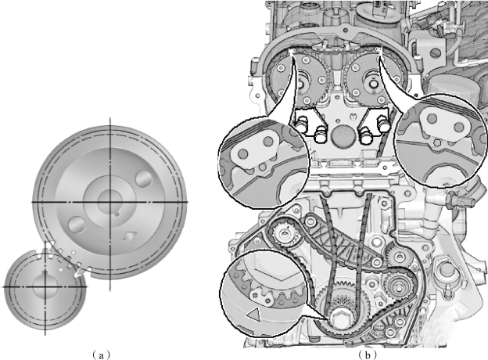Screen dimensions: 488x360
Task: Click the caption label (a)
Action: (x=101, y=355)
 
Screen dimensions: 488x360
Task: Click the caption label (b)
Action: (x=368, y=355)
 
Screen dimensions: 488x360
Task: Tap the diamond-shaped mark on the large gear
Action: (x=128, y=236)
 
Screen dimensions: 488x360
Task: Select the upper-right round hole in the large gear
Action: (x=144, y=178)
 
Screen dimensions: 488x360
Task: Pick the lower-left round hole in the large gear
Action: (x=77, y=225)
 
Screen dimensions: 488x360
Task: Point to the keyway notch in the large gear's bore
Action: (x=117, y=213)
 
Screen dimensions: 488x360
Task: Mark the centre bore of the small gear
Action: (x=45, y=285)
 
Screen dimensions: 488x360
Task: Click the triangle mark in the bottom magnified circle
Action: (x=253, y=314)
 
